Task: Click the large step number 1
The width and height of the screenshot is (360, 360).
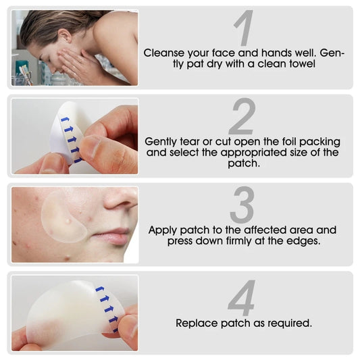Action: click(244, 30)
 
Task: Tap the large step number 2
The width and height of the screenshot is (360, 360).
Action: click(241, 117)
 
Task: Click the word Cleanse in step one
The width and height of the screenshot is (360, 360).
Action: click(165, 51)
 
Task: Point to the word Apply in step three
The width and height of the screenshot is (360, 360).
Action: click(163, 230)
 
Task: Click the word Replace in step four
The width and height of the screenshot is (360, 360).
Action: click(197, 323)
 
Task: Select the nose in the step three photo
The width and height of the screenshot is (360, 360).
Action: click(122, 201)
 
